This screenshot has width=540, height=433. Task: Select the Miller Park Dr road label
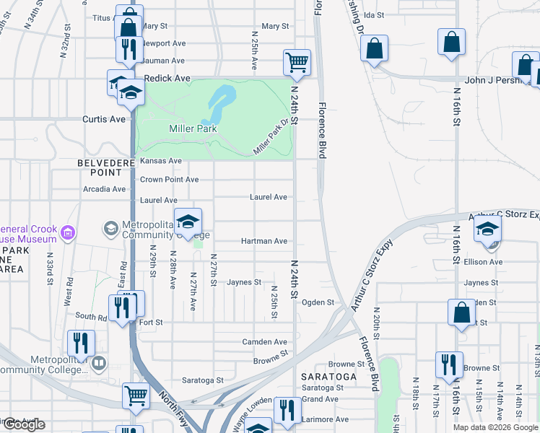271,136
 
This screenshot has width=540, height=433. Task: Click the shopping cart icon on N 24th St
297,62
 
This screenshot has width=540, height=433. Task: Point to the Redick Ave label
167,78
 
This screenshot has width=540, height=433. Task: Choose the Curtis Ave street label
104,119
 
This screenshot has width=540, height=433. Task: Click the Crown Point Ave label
169,180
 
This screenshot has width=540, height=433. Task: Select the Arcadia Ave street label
104,189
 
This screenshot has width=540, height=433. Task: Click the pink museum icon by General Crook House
68,232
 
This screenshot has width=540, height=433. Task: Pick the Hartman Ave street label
269,241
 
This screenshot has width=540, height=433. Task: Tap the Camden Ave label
269,341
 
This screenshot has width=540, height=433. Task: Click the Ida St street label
373,14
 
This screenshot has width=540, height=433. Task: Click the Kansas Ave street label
161,161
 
